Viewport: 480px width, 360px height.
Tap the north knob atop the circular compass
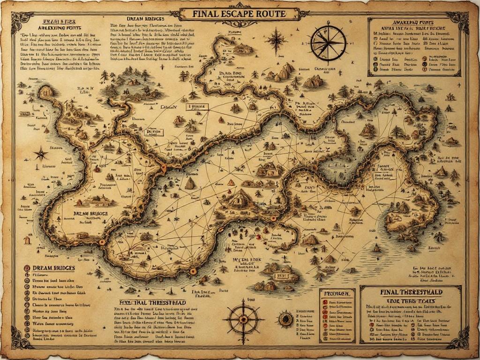[x=329, y=25]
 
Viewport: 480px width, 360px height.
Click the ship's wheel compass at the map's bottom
[x=243, y=319]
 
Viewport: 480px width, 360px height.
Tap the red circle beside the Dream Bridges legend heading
[x=27, y=268]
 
